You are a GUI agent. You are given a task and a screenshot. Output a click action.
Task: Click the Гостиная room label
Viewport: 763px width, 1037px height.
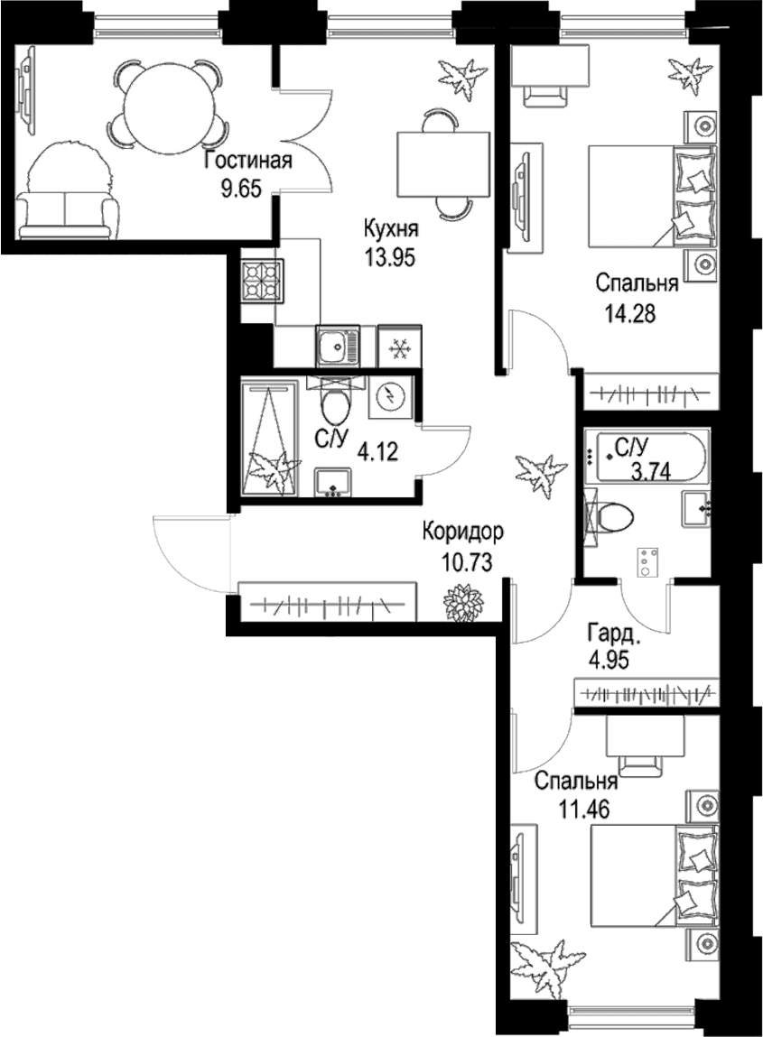point(248,162)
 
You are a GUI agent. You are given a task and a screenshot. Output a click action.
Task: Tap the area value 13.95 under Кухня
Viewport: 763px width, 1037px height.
point(390,257)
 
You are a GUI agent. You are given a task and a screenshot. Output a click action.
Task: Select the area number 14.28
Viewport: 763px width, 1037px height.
point(630,313)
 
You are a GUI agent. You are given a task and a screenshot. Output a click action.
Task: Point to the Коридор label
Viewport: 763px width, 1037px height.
point(462,531)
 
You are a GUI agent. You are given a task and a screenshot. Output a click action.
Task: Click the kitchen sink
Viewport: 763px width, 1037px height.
point(339,347)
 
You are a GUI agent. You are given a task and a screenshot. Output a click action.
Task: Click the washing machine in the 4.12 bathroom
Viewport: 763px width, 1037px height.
point(390,397)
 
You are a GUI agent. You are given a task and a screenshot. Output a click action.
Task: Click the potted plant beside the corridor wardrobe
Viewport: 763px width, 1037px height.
point(463,603)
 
